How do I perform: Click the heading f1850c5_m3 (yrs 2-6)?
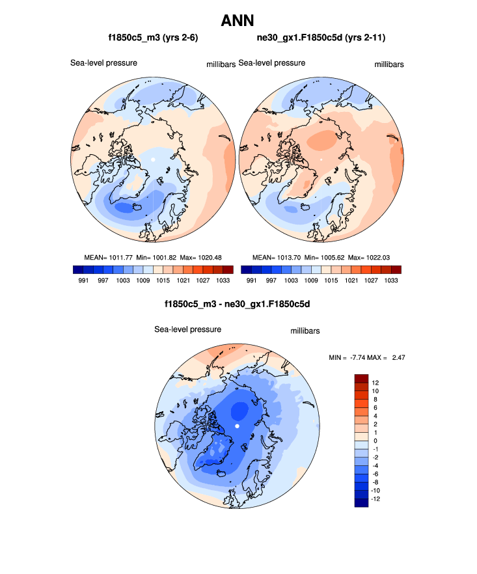click(x=153, y=38)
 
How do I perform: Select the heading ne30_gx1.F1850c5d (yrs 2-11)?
click(x=321, y=38)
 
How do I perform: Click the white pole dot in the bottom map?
click(x=238, y=426)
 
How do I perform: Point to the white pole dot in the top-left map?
click(x=152, y=159)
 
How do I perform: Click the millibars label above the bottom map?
click(x=305, y=331)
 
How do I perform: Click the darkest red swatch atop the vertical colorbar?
click(x=362, y=378)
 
